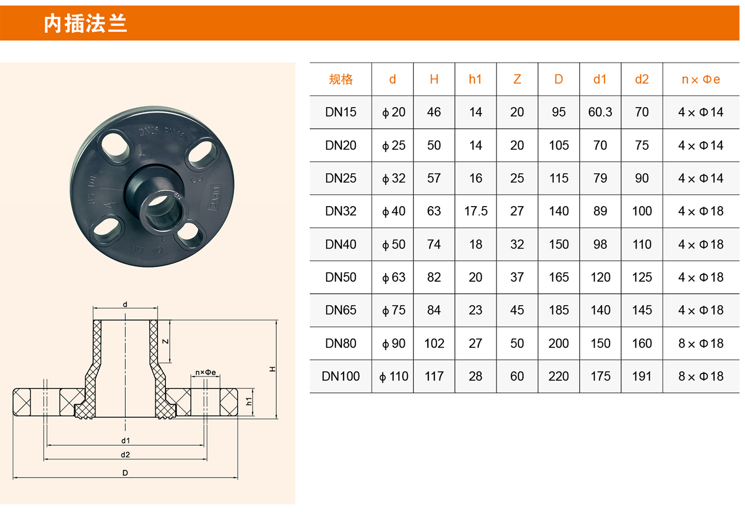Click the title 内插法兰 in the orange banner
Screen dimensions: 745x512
pyautogui.click(x=86, y=23)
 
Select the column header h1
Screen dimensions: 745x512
pyautogui.click(x=475, y=79)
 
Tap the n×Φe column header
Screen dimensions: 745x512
pyautogui.click(x=701, y=80)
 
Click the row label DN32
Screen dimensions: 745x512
pyautogui.click(x=340, y=211)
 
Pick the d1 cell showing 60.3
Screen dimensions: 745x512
pyautogui.click(x=600, y=112)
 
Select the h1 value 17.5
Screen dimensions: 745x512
pyautogui.click(x=475, y=211)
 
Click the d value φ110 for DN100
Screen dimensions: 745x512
pyautogui.click(x=393, y=377)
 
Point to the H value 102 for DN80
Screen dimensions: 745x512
pyautogui.click(x=434, y=343)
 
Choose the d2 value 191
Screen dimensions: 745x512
pyautogui.click(x=642, y=377)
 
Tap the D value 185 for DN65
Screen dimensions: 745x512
pyautogui.click(x=559, y=310)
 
